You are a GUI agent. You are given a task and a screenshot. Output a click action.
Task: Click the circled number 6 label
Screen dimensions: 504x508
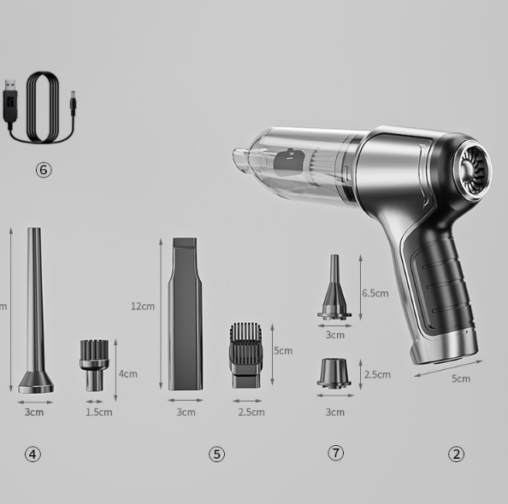44,169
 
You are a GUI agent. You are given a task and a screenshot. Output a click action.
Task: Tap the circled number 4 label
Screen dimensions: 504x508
32,454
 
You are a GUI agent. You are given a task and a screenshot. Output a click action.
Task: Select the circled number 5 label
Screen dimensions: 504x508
216,454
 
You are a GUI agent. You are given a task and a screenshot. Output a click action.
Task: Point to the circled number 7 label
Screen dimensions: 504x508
335,453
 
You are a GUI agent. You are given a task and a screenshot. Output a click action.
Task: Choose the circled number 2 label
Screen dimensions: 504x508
456,454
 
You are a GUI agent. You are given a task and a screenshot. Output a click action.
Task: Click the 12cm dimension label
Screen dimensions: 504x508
143,306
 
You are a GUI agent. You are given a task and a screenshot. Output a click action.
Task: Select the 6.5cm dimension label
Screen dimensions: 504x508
375,292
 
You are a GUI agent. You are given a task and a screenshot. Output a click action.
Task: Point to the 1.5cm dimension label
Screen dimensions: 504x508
98,412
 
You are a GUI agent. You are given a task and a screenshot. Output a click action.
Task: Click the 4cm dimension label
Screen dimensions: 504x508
128,373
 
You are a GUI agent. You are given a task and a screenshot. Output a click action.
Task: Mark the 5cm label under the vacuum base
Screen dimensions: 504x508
460,378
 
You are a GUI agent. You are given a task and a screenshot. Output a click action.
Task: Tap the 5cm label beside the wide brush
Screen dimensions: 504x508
282,350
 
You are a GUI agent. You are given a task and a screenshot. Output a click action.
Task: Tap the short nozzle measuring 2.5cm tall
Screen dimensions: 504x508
334,373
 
